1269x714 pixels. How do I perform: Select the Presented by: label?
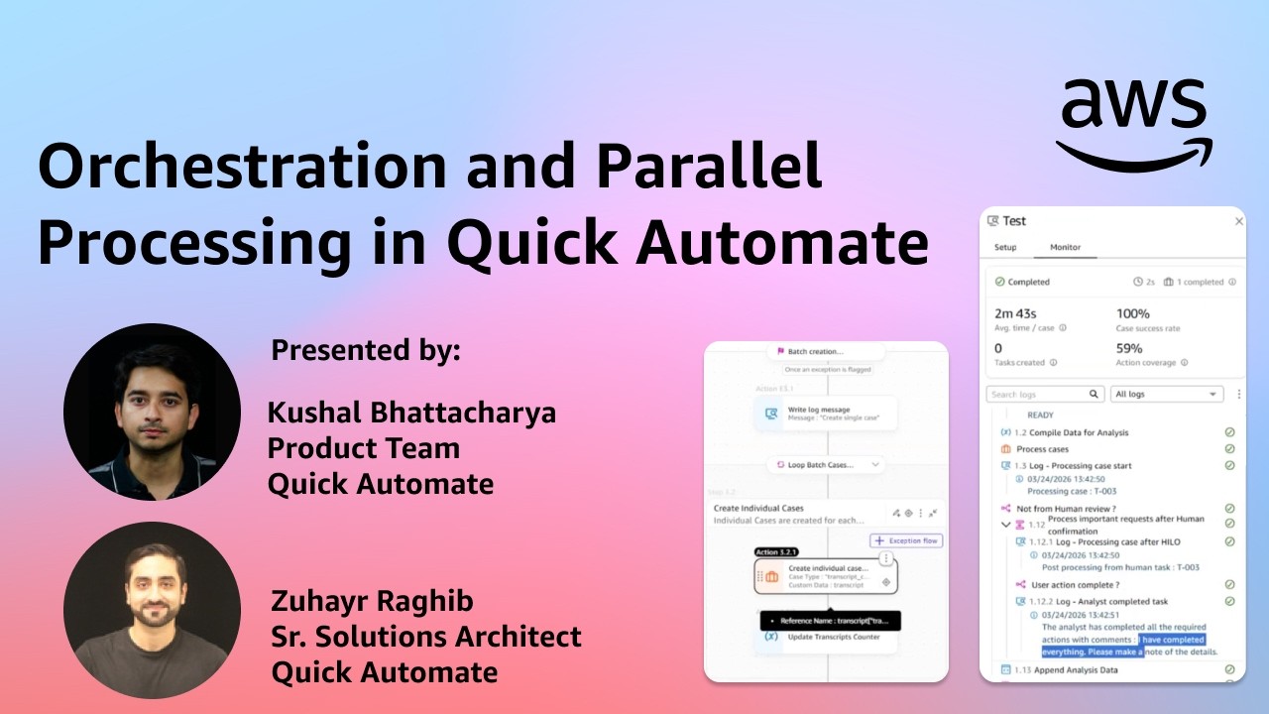[366, 350]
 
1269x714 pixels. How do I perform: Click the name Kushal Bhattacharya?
[411, 413]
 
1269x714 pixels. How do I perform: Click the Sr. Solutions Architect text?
[426, 637]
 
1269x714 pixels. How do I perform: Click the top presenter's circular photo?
[152, 412]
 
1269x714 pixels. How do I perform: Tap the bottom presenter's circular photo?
[152, 611]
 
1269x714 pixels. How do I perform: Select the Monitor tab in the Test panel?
[1065, 247]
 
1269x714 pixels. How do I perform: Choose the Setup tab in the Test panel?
[1005, 247]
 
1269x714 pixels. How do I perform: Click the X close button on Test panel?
[1238, 221]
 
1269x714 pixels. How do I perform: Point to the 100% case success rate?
[1133, 313]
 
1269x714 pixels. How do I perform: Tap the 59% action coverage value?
[1129, 348]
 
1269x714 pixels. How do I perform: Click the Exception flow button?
[906, 540]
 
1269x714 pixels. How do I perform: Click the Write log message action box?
[825, 414]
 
